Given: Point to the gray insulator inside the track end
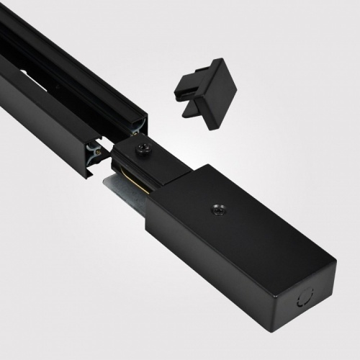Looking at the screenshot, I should click(x=94, y=152).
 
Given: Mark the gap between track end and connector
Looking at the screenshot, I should click(x=108, y=151).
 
